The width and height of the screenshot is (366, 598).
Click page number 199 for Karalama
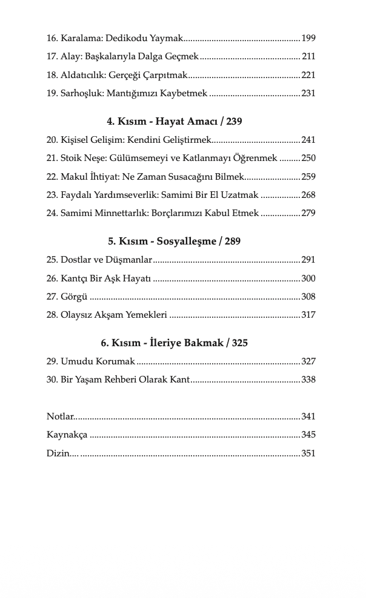point(308,38)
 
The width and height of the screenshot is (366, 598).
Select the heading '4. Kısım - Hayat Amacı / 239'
point(174,122)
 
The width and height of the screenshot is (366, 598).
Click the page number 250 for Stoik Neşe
point(308,159)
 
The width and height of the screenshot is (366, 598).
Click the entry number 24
point(52,214)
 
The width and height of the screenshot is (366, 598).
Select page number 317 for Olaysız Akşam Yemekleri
point(308,315)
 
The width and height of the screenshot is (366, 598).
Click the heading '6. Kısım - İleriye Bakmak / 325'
point(174,343)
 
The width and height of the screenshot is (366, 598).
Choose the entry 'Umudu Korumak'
point(98,362)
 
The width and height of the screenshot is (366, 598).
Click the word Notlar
point(60,417)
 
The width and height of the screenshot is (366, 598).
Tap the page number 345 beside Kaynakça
point(308,435)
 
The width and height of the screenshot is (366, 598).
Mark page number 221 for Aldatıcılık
point(308,75)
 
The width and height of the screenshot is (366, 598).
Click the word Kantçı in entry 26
point(76,279)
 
